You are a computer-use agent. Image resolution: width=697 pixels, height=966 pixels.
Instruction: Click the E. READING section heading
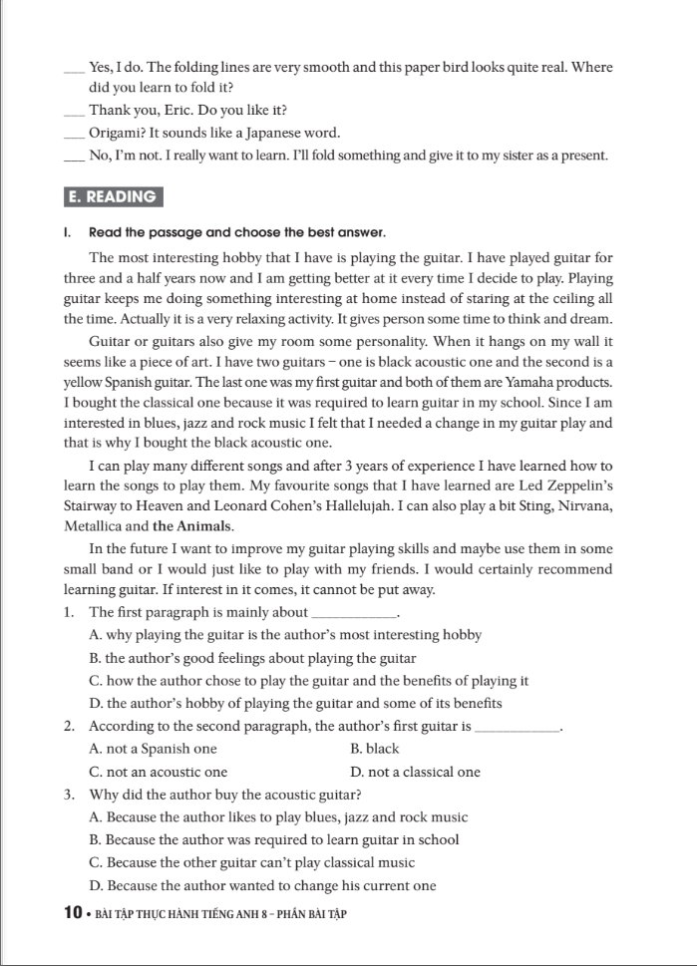(x=113, y=196)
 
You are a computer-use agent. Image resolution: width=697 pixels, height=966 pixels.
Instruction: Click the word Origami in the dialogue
(x=116, y=133)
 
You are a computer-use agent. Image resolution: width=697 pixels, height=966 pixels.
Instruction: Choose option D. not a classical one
(x=416, y=772)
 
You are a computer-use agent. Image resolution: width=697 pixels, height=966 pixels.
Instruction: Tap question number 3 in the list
(x=67, y=795)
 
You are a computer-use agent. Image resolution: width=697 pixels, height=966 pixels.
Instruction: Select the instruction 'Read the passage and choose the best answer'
(x=236, y=232)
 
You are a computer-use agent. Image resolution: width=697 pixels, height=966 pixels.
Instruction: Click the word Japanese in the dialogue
(x=257, y=133)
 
